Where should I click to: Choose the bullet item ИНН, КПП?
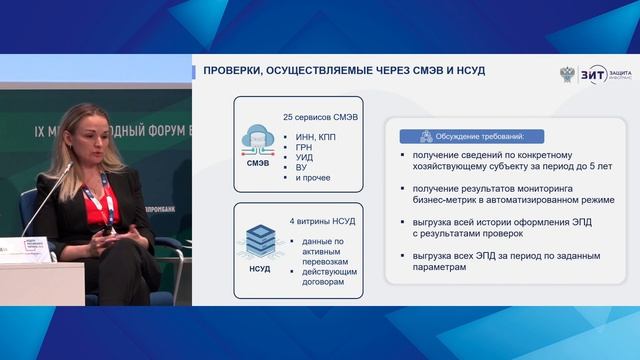(x=317, y=137)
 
